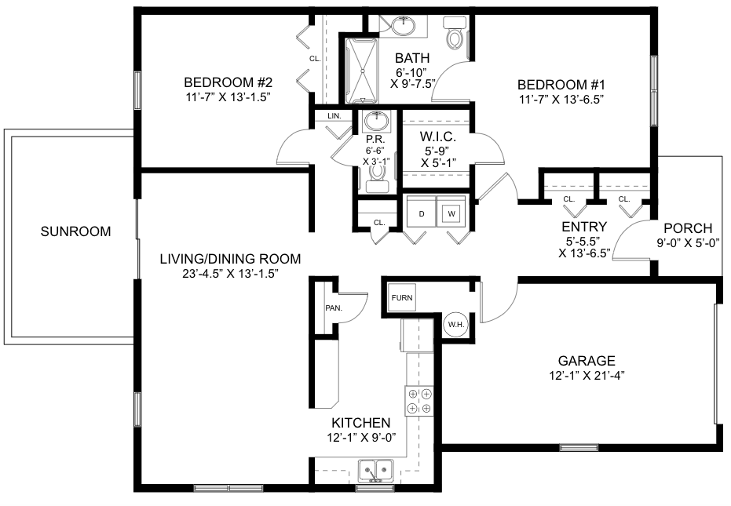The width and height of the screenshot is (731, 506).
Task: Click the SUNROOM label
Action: pos(75,231)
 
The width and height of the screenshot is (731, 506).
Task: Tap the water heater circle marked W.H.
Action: pos(456,324)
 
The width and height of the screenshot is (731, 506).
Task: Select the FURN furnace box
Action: pos(402,297)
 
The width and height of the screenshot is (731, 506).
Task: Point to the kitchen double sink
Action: pos(376,471)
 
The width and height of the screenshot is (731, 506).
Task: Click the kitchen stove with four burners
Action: pos(419,401)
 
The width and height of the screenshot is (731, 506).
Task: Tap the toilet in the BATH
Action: pos(454,33)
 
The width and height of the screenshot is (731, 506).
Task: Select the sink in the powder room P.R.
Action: pos(376,122)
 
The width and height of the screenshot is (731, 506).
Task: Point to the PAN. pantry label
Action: pos(334,308)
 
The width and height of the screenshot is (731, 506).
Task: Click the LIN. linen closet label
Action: pos(334,115)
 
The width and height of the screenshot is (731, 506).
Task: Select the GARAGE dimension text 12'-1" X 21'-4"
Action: pos(587,375)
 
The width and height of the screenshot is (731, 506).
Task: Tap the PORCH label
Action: pos(688,228)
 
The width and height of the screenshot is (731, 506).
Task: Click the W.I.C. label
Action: pos(438,137)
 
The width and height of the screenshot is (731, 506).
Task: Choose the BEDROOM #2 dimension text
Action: pos(228,97)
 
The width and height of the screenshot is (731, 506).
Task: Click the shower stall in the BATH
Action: pos(362,71)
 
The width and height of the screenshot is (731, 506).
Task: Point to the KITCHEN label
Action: pos(361,423)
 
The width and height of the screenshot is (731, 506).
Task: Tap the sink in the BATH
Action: pos(403,26)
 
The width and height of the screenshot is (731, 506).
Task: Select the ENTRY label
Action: pos(584,227)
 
